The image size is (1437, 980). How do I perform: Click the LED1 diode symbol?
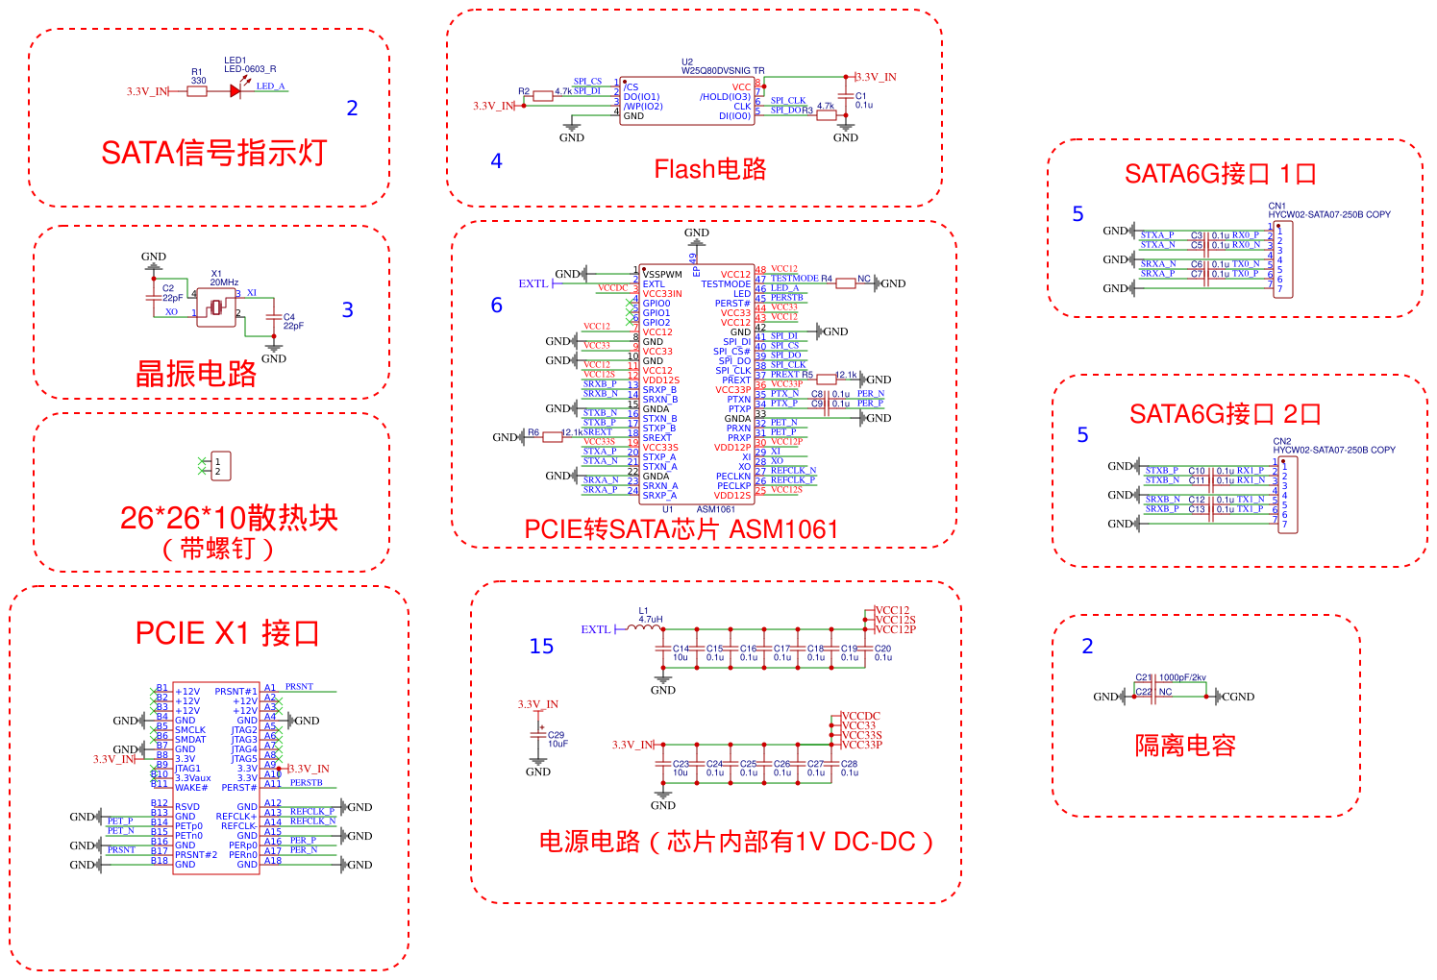pyautogui.click(x=235, y=91)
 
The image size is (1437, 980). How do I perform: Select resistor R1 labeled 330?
pyautogui.click(x=197, y=91)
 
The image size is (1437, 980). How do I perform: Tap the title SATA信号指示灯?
pyautogui.click(x=213, y=153)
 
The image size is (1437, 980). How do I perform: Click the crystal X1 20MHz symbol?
pyautogui.click(x=217, y=307)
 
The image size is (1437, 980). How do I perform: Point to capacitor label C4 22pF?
pyautogui.click(x=292, y=321)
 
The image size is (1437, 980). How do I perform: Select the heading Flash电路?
pyautogui.click(x=710, y=170)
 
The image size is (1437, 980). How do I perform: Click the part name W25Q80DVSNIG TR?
pyautogui.click(x=723, y=71)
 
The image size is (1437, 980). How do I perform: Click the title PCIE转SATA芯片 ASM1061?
pyautogui.click(x=681, y=529)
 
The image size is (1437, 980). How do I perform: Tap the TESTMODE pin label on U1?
pyautogui.click(x=726, y=284)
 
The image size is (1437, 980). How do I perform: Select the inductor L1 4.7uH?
pyautogui.click(x=644, y=627)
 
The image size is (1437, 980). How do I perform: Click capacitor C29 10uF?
pyautogui.click(x=538, y=738)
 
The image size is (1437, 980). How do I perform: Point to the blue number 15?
pyautogui.click(x=541, y=647)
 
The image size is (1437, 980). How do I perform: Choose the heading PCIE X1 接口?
pyautogui.click(x=227, y=634)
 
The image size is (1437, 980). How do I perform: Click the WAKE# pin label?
pyautogui.click(x=191, y=788)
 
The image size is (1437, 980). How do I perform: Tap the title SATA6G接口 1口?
pyautogui.click(x=1220, y=174)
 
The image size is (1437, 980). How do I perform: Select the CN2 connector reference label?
pyautogui.click(x=1282, y=442)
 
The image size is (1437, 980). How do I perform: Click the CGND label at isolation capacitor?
pyautogui.click(x=1237, y=697)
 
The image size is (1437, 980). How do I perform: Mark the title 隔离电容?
pyautogui.click(x=1185, y=746)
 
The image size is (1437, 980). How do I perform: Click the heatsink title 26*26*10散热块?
pyautogui.click(x=229, y=519)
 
